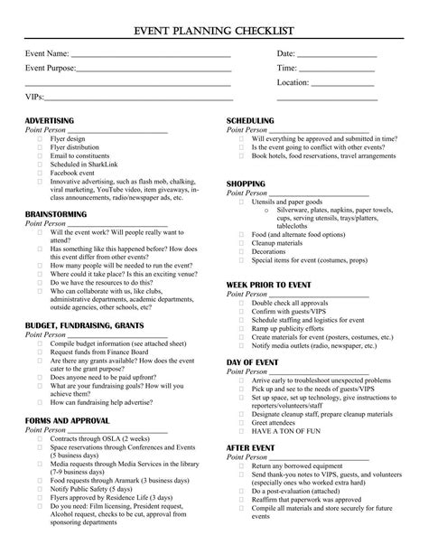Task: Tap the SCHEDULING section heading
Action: (256, 120)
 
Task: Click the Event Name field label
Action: (47, 55)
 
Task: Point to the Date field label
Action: (286, 55)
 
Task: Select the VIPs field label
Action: (34, 96)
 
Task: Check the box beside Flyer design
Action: (39, 138)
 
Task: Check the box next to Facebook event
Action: (39, 172)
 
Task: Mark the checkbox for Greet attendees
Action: (241, 422)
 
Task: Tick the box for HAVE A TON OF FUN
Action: (241, 431)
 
